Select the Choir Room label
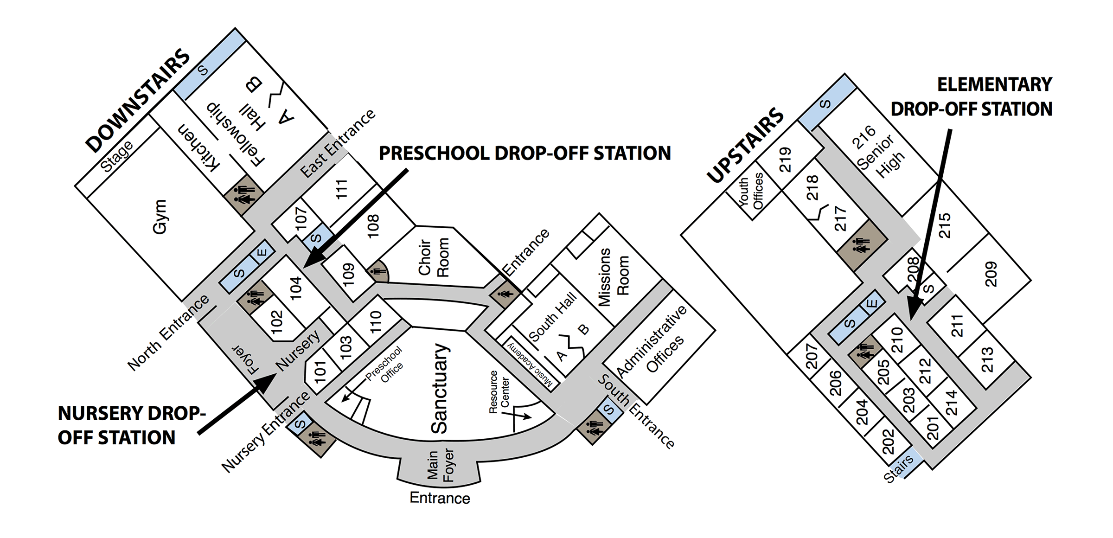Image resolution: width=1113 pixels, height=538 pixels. point(434,257)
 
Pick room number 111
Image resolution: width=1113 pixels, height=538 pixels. point(342,189)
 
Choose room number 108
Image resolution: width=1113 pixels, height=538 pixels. point(373,226)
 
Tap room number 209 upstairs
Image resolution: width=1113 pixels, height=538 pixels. point(990,274)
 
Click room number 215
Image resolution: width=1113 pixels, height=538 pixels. point(944,225)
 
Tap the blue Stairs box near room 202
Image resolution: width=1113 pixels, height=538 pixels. point(902,466)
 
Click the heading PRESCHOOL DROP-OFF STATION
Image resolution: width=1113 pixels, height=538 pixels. point(525,153)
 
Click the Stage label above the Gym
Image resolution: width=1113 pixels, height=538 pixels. point(117,156)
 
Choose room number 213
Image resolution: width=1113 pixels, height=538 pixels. point(987,360)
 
